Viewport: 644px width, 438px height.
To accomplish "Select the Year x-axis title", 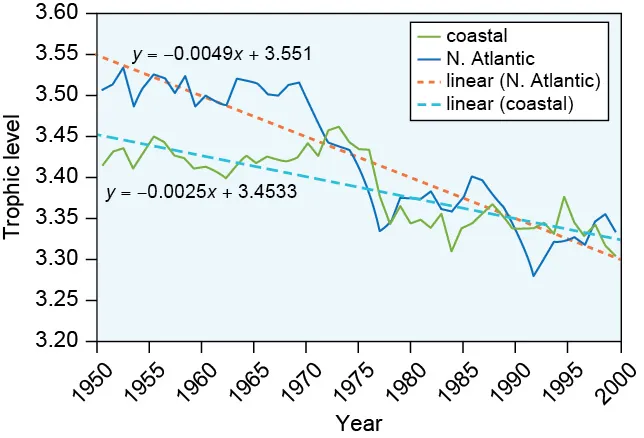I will click(359, 423).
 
